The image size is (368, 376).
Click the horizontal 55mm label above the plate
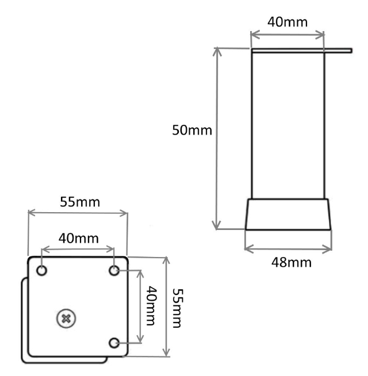(x=78, y=202)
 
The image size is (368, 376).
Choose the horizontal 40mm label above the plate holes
(x=78, y=238)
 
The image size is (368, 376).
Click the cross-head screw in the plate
(x=67, y=317)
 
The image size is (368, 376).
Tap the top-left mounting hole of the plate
(x=42, y=270)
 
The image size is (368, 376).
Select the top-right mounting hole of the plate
(x=115, y=270)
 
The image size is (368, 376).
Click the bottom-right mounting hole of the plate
(x=115, y=343)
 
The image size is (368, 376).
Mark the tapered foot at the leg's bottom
(x=288, y=214)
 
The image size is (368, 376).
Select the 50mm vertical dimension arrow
(x=217, y=138)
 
